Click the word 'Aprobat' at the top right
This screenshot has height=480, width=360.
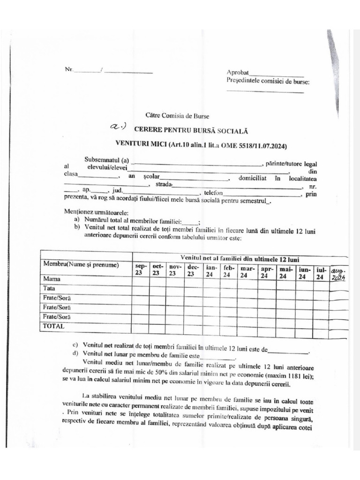pos(238,73)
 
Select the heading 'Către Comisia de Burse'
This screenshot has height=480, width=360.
pos(177,115)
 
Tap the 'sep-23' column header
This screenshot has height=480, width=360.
pos(141,270)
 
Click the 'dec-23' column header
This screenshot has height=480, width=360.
pos(193,270)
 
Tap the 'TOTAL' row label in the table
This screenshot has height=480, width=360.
pos(54,325)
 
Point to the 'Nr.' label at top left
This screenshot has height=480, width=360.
pos(69,69)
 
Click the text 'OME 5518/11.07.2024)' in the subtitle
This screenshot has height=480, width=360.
pos(256,145)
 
